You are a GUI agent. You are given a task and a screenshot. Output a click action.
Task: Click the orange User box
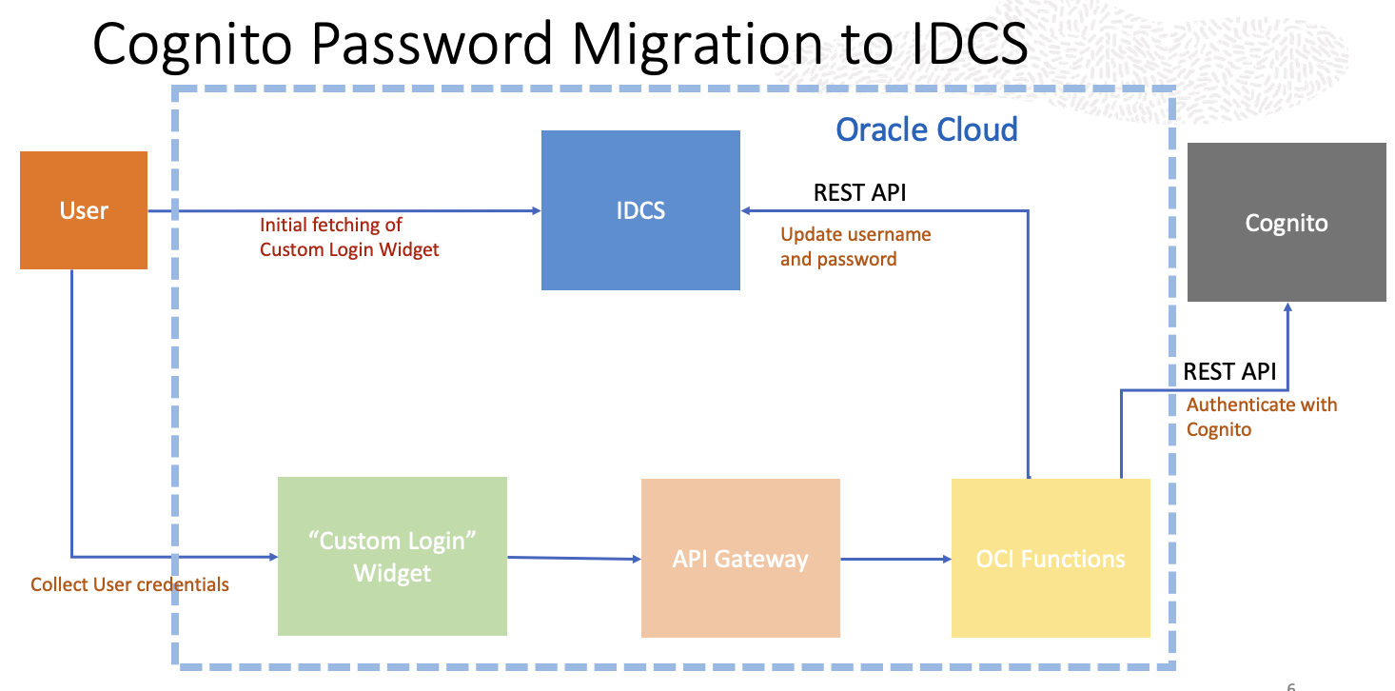click(84, 210)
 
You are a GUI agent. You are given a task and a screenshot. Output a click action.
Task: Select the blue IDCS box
click(640, 210)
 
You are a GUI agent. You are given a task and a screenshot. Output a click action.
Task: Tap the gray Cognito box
click(1287, 223)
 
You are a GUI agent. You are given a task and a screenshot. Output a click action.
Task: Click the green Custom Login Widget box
click(392, 557)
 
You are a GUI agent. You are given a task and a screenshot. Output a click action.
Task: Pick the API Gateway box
click(740, 558)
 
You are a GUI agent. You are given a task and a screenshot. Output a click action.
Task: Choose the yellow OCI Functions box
click(1051, 558)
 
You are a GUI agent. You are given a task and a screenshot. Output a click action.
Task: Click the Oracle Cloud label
click(927, 128)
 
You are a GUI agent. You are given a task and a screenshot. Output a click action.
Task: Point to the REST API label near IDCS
click(859, 193)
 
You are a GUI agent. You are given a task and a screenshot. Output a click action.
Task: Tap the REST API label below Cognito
click(1229, 371)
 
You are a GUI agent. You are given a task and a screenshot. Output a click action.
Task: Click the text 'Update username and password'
click(855, 247)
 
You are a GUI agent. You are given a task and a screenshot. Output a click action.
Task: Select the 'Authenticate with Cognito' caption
click(1261, 417)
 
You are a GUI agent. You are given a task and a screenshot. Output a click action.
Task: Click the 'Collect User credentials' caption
click(129, 584)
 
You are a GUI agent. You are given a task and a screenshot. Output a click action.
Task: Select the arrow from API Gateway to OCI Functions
click(895, 559)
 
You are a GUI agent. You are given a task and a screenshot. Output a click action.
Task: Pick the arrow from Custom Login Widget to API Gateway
click(574, 558)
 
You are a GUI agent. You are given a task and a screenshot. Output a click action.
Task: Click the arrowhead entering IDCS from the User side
click(535, 210)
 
